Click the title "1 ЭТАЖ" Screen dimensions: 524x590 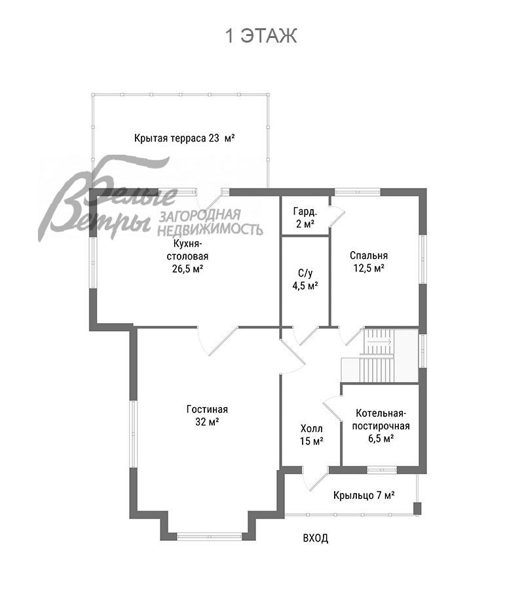[261, 36]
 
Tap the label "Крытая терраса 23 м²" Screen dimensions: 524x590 [185, 138]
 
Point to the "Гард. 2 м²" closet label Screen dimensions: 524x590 [304, 218]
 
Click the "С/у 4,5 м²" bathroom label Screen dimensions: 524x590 [305, 279]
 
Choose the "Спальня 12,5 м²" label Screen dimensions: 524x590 [368, 262]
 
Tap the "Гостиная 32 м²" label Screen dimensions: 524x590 [207, 415]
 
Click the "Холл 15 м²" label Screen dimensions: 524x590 [312, 435]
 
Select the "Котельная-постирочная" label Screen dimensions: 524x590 [381, 420]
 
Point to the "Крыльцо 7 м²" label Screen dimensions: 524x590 [364, 495]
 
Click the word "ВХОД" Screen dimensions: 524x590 [315, 538]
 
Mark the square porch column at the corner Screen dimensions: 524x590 [417, 508]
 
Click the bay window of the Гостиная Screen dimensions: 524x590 [210, 536]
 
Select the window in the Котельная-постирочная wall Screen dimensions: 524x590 [381, 469]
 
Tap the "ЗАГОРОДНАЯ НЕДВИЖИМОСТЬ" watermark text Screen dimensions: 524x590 [210, 222]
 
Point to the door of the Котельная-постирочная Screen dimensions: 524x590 [332, 408]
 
